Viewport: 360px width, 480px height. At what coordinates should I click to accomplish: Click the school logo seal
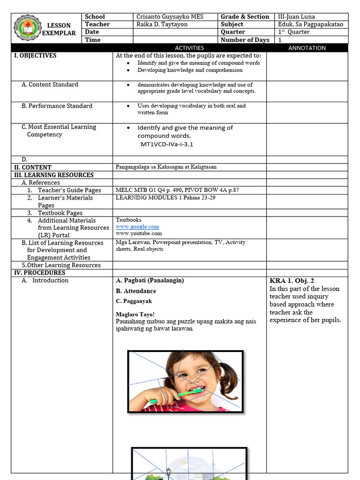pos(27,29)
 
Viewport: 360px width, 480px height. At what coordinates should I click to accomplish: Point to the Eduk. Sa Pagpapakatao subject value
pos(310,24)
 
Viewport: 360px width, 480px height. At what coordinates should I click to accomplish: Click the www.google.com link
pos(137,226)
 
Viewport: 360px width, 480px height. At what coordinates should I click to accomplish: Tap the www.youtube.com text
pos(139,233)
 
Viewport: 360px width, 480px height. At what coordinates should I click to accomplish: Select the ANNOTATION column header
pos(307,48)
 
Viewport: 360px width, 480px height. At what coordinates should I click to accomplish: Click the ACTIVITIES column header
pos(189,48)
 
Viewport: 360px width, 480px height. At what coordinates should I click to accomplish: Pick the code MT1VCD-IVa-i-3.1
pos(167,144)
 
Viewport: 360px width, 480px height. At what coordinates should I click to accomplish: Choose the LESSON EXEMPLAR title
pos(59,30)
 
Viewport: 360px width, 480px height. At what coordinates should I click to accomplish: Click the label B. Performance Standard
pos(57,106)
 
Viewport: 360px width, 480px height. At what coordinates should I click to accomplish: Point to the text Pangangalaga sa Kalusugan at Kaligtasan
pos(166,167)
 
